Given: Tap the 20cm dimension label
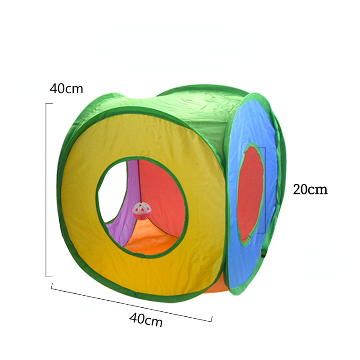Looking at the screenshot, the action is click(x=310, y=189).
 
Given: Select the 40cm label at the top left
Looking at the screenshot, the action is click(x=66, y=89).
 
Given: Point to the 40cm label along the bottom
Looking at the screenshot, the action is click(x=146, y=319).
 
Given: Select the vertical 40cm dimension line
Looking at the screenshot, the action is click(x=46, y=190).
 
